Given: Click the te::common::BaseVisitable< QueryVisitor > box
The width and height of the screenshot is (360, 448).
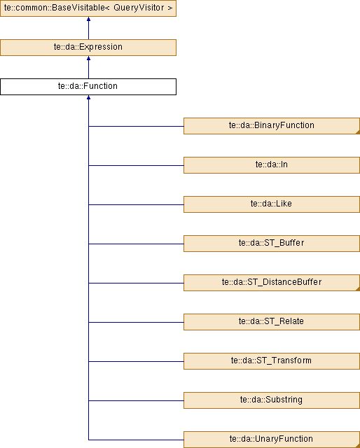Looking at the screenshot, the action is point(88,8).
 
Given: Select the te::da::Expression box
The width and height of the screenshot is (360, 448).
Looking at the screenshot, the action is point(88,48).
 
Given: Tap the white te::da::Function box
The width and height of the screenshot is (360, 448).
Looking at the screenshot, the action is point(88,87).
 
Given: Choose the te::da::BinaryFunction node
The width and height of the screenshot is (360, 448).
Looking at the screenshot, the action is point(272,126).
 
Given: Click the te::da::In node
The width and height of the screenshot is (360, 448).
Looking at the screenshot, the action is point(272,165).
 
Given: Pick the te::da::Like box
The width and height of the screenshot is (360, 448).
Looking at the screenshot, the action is point(272,204).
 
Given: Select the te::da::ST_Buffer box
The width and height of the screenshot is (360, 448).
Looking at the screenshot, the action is point(272,244).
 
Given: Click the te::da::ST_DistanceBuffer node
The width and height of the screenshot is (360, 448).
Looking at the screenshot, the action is point(272,283).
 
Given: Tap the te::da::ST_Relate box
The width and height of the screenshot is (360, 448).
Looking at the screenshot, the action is point(272,322).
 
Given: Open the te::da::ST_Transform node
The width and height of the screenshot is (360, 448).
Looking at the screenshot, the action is point(272,361).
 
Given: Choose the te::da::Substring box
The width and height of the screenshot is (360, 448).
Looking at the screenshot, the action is point(272,400).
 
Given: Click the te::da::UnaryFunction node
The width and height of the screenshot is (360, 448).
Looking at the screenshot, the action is point(272,440).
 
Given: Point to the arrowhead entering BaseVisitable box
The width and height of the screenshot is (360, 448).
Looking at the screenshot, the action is point(89,19).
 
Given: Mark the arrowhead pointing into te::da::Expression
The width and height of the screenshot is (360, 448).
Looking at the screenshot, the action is point(89,58).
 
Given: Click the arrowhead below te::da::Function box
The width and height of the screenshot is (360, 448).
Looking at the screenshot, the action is point(89,97).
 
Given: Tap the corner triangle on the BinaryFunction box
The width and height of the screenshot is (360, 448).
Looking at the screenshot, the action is point(358,132).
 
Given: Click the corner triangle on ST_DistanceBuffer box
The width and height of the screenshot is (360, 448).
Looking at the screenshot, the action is point(358,289).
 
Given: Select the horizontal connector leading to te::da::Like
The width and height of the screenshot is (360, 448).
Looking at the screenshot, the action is point(136,204).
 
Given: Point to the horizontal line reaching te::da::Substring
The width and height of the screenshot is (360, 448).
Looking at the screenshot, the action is point(136,400).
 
